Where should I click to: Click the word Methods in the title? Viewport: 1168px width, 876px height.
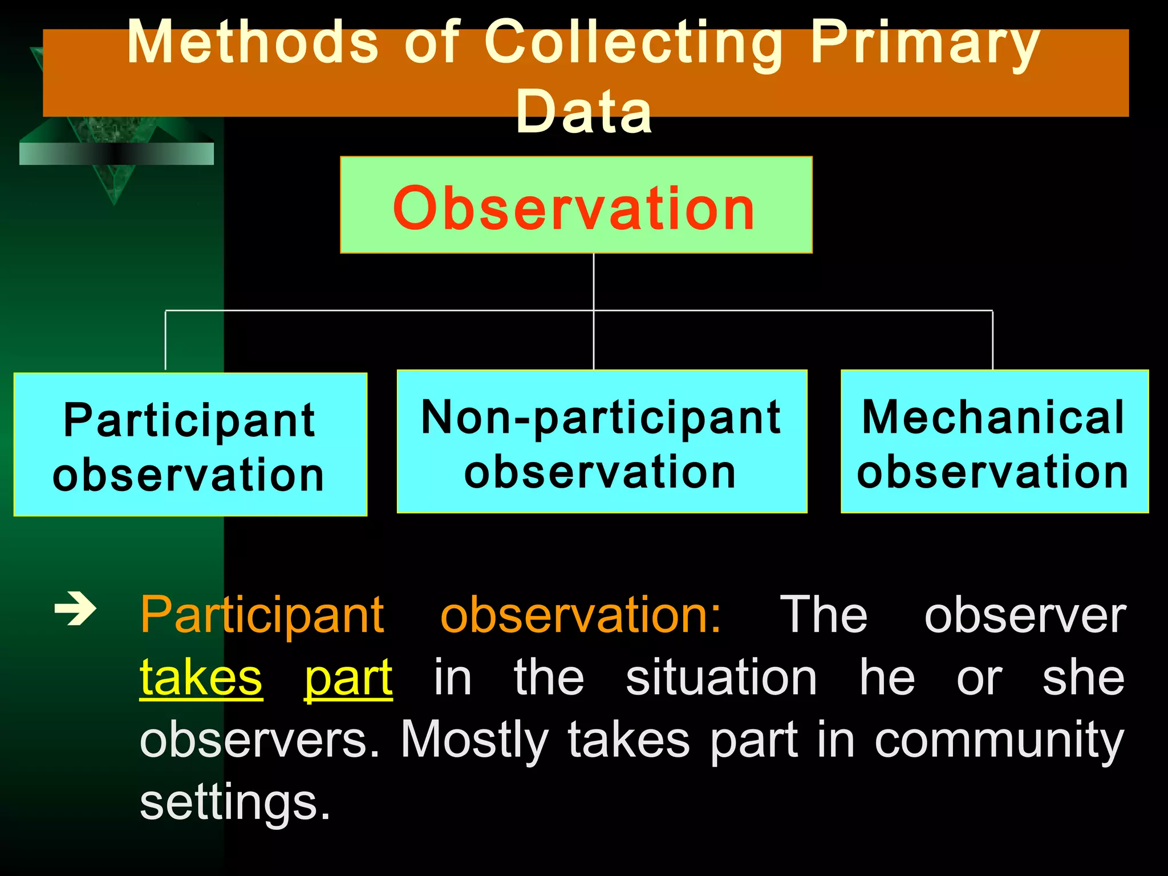pos(253,43)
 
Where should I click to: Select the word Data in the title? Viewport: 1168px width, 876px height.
pos(583,112)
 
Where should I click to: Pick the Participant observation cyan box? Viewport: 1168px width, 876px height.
pos(190,445)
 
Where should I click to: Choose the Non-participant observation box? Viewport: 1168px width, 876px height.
pos(602,442)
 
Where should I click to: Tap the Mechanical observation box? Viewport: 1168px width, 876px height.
pos(994,442)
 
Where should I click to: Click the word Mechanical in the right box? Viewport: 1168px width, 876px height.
pos(993,417)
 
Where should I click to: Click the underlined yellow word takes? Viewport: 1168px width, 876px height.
pos(201,678)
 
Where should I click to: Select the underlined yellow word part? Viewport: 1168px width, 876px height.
pos(348,678)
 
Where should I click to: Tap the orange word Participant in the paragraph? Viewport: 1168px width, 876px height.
pos(262,616)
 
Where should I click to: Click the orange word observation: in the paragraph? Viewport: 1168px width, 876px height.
pos(581,616)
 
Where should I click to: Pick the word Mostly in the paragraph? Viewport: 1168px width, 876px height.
pos(474,741)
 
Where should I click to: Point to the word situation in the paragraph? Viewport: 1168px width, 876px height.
pos(721,678)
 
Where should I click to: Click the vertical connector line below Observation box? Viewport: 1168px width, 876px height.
pos(594,282)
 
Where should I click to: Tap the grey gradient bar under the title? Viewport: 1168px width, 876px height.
pos(116,154)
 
